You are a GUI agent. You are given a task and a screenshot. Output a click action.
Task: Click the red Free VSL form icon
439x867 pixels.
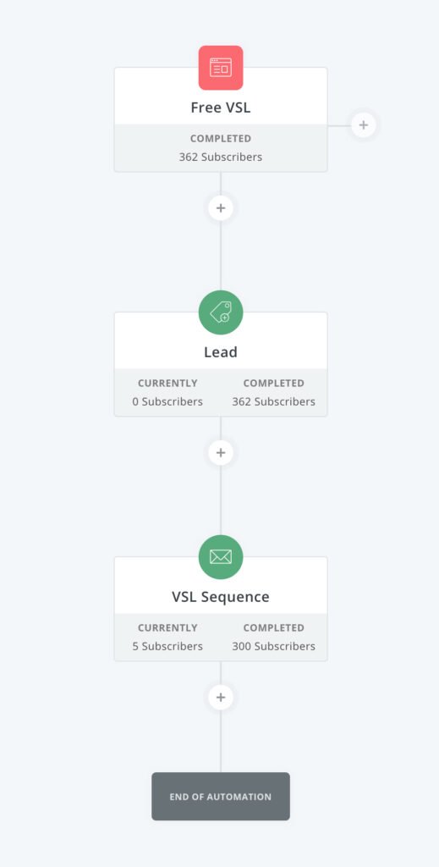(x=221, y=68)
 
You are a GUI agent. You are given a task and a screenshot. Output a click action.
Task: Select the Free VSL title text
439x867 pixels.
(x=221, y=108)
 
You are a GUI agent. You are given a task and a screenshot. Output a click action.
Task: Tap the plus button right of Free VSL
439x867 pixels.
(x=364, y=125)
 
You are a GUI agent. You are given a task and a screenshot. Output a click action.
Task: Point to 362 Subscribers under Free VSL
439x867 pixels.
(x=221, y=157)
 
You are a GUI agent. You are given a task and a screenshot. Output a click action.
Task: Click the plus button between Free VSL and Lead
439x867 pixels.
(x=221, y=208)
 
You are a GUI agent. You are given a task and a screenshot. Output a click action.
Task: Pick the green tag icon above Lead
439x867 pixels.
(x=221, y=312)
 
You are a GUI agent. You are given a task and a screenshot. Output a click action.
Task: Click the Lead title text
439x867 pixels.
(x=221, y=352)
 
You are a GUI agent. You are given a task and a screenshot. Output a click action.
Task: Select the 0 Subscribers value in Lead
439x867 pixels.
(x=167, y=401)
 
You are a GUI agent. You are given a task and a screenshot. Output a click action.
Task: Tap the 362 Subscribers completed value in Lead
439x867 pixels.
(x=274, y=401)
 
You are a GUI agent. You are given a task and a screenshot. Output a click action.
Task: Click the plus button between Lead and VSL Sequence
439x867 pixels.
(x=221, y=452)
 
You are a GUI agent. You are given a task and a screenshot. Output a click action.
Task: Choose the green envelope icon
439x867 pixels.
(x=221, y=557)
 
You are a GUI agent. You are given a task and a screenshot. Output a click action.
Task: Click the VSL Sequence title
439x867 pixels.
(x=221, y=597)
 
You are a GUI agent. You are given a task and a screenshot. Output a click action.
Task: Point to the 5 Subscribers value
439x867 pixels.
(x=167, y=646)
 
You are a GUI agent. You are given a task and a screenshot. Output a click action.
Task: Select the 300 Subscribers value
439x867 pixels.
(x=274, y=646)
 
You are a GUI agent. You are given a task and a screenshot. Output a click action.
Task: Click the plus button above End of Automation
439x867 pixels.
(x=221, y=698)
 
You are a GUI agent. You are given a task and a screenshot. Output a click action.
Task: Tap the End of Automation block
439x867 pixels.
(x=221, y=796)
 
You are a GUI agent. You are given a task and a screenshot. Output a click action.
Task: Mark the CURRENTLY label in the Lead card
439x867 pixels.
(x=167, y=384)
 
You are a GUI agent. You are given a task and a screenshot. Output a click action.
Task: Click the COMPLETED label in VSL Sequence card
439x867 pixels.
(x=274, y=627)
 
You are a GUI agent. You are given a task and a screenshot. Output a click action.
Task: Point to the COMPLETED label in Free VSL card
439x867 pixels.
(x=221, y=138)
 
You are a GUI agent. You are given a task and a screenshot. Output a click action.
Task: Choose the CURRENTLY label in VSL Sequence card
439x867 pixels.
(x=167, y=627)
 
